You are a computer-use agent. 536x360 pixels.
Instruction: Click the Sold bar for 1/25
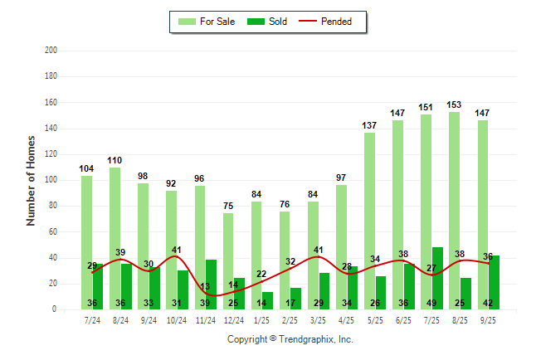coord(267,300)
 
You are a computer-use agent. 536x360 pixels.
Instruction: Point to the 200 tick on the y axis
coord(51,51)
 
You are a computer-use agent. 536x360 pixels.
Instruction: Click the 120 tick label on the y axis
coord(51,154)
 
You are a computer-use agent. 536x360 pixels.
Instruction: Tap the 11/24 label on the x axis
coord(206,319)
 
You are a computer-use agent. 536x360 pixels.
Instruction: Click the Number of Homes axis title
coord(32,180)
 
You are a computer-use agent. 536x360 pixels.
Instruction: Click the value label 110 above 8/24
coord(115,160)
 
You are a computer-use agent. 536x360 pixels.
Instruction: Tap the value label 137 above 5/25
coord(369,125)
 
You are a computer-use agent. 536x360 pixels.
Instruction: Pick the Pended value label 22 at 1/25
coord(261,275)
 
